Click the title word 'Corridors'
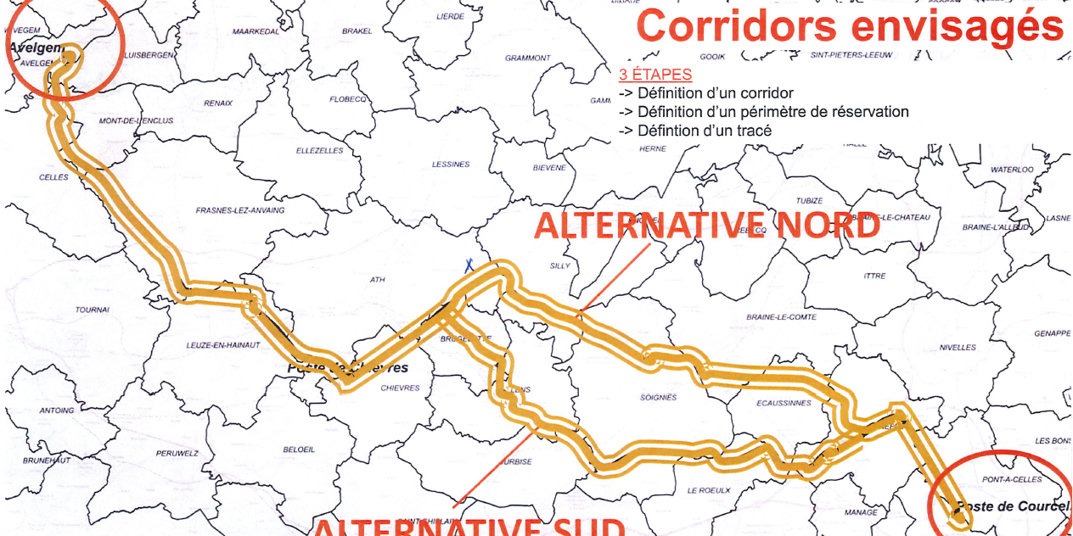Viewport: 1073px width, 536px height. pos(735,27)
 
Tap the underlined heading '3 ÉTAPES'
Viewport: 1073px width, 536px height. pos(654,75)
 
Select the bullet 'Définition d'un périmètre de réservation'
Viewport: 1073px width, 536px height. pos(773,112)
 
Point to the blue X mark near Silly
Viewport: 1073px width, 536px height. pos(468,264)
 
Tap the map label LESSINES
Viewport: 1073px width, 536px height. pos(451,165)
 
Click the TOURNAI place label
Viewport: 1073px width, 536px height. pos(92,310)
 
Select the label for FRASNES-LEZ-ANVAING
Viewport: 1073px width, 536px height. pos(240,210)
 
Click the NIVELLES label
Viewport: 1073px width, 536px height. pos(958,348)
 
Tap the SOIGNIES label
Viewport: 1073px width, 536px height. pos(658,397)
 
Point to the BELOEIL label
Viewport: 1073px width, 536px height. pos(300,449)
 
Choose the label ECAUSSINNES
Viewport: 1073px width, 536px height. pos(784,404)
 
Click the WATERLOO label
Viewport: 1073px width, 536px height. pos(1012,170)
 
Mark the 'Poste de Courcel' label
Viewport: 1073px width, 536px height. pos(1010,507)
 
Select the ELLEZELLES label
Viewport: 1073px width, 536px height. pos(319,151)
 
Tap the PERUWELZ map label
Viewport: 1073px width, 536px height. pos(177,454)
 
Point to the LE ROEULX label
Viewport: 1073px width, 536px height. pos(709,490)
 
